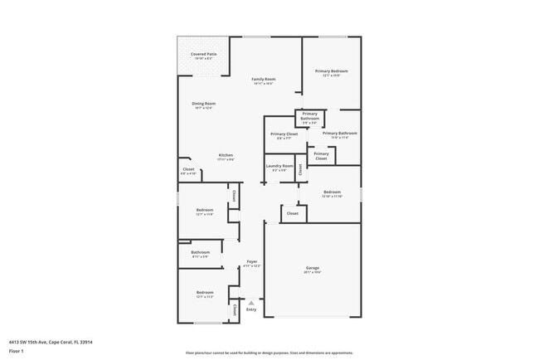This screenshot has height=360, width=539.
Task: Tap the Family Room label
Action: [x=264, y=80]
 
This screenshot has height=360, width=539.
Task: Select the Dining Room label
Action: [x=203, y=104]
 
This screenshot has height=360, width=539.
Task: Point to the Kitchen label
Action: [x=226, y=156]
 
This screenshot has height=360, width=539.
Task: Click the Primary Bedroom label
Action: [x=331, y=72]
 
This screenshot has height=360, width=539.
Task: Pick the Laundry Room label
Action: [x=279, y=166]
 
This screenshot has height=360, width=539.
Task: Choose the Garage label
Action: [x=313, y=268]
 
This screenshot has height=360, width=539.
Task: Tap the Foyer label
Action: [x=251, y=262]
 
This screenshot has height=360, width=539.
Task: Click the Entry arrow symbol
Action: [x=251, y=303]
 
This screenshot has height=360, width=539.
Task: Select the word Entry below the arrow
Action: [x=251, y=310]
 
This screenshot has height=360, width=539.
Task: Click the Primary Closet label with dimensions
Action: [x=284, y=134]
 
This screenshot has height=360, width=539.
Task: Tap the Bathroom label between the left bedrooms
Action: [x=200, y=252]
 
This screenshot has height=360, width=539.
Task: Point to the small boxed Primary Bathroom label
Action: [x=309, y=116]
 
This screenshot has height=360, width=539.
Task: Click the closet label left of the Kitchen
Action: [x=188, y=170]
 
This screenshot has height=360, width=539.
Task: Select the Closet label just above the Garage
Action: [x=292, y=213]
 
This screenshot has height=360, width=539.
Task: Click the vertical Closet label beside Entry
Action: [x=235, y=310]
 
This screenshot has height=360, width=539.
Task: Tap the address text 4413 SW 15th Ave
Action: [x=51, y=341]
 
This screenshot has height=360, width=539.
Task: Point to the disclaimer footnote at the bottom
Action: [x=269, y=353]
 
